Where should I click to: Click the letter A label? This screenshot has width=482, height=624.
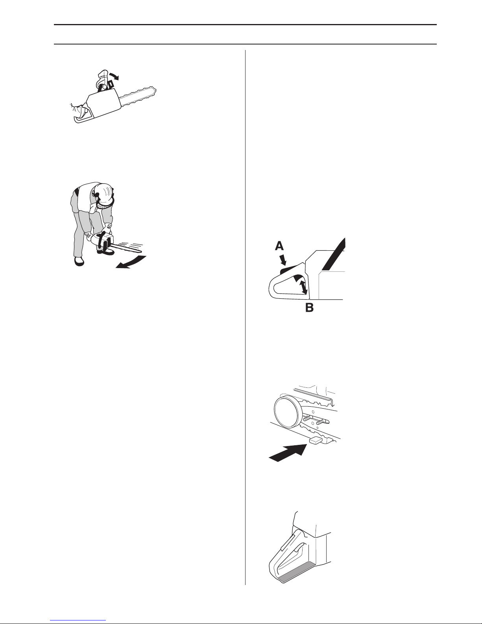[x=279, y=246]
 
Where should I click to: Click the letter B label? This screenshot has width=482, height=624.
[x=309, y=308]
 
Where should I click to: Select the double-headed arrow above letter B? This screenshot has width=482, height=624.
[x=303, y=287]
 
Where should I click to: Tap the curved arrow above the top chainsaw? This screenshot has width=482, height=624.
[x=114, y=76]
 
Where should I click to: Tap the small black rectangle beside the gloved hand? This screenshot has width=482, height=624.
[x=111, y=84]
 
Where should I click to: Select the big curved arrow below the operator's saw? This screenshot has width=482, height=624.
[x=131, y=263]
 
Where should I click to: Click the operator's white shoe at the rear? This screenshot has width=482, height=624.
[x=79, y=261]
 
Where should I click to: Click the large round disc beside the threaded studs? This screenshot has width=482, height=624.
[x=287, y=412]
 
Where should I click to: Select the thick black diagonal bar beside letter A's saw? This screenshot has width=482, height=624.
[x=333, y=254]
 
